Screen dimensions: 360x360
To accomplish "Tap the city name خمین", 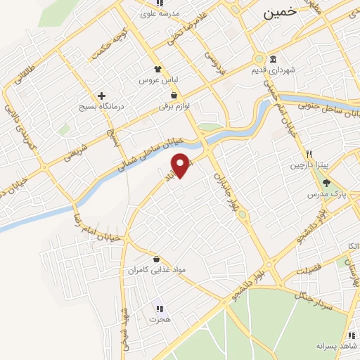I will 280,13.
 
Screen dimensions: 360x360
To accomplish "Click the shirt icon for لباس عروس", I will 158,69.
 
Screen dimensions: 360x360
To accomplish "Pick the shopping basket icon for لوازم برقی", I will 173,96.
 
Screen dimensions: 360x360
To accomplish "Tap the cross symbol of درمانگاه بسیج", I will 102,96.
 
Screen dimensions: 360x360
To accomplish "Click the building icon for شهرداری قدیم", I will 273,59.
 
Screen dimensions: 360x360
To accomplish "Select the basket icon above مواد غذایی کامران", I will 155,259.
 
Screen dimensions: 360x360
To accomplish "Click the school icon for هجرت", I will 159,308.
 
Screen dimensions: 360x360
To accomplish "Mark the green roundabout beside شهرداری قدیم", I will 259,59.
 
